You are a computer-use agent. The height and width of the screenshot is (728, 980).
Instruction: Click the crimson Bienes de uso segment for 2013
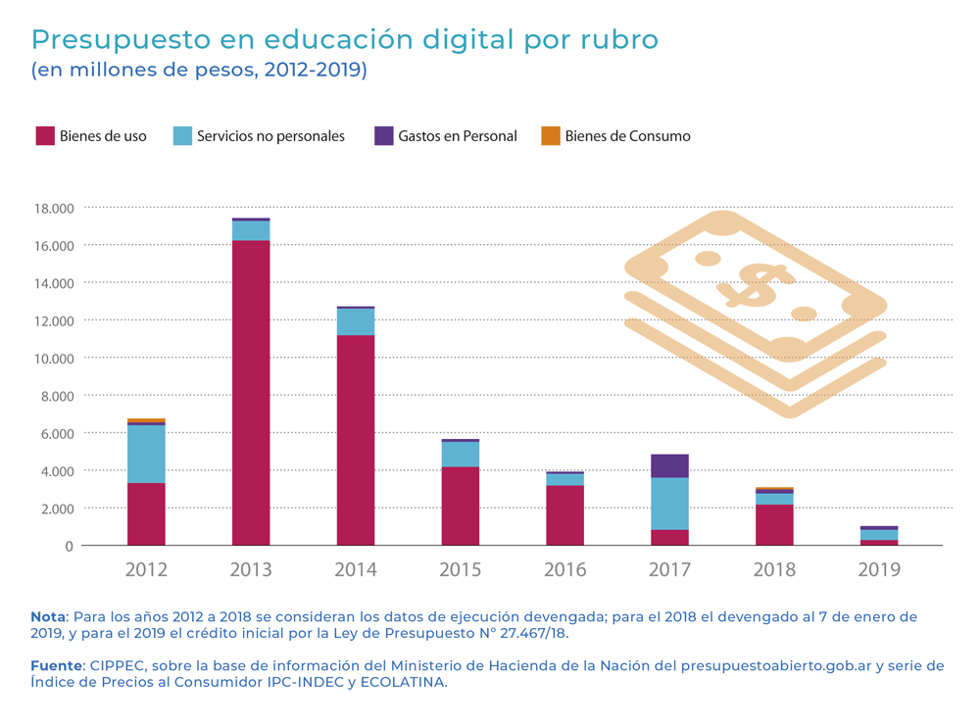coord(251,392)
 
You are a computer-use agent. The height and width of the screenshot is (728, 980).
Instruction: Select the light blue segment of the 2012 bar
coord(146,454)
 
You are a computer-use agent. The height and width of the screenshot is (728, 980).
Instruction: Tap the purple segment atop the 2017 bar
coord(669,465)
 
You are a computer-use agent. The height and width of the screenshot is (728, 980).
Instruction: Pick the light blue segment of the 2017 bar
coord(669,504)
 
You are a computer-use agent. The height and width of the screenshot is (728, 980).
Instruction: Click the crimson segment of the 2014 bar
coord(356,441)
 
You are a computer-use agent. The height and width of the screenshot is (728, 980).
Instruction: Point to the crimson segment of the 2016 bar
coord(564,515)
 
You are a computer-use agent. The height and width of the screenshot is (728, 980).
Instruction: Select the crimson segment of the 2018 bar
coord(774,524)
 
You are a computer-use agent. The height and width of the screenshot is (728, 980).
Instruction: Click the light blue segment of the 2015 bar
coord(461,455)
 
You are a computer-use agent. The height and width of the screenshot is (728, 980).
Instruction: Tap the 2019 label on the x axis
coord(879,569)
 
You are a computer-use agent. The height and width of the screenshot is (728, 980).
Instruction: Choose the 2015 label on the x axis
coord(461,569)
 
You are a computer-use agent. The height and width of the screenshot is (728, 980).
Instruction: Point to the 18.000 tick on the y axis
coord(54,208)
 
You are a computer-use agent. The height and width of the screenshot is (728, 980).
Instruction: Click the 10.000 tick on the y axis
coord(54,359)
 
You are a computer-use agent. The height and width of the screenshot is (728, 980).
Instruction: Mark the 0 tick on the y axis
coord(69,546)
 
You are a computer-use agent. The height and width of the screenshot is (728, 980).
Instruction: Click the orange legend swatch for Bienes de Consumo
coord(550,135)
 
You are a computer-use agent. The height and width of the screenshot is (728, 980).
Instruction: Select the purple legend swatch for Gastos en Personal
coord(383,135)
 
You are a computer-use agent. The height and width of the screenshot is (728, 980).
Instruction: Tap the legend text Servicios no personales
coord(270,136)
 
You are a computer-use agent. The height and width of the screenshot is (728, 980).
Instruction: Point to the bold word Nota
coord(47,616)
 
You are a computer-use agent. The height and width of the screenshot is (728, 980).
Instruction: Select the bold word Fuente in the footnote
coord(56,665)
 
